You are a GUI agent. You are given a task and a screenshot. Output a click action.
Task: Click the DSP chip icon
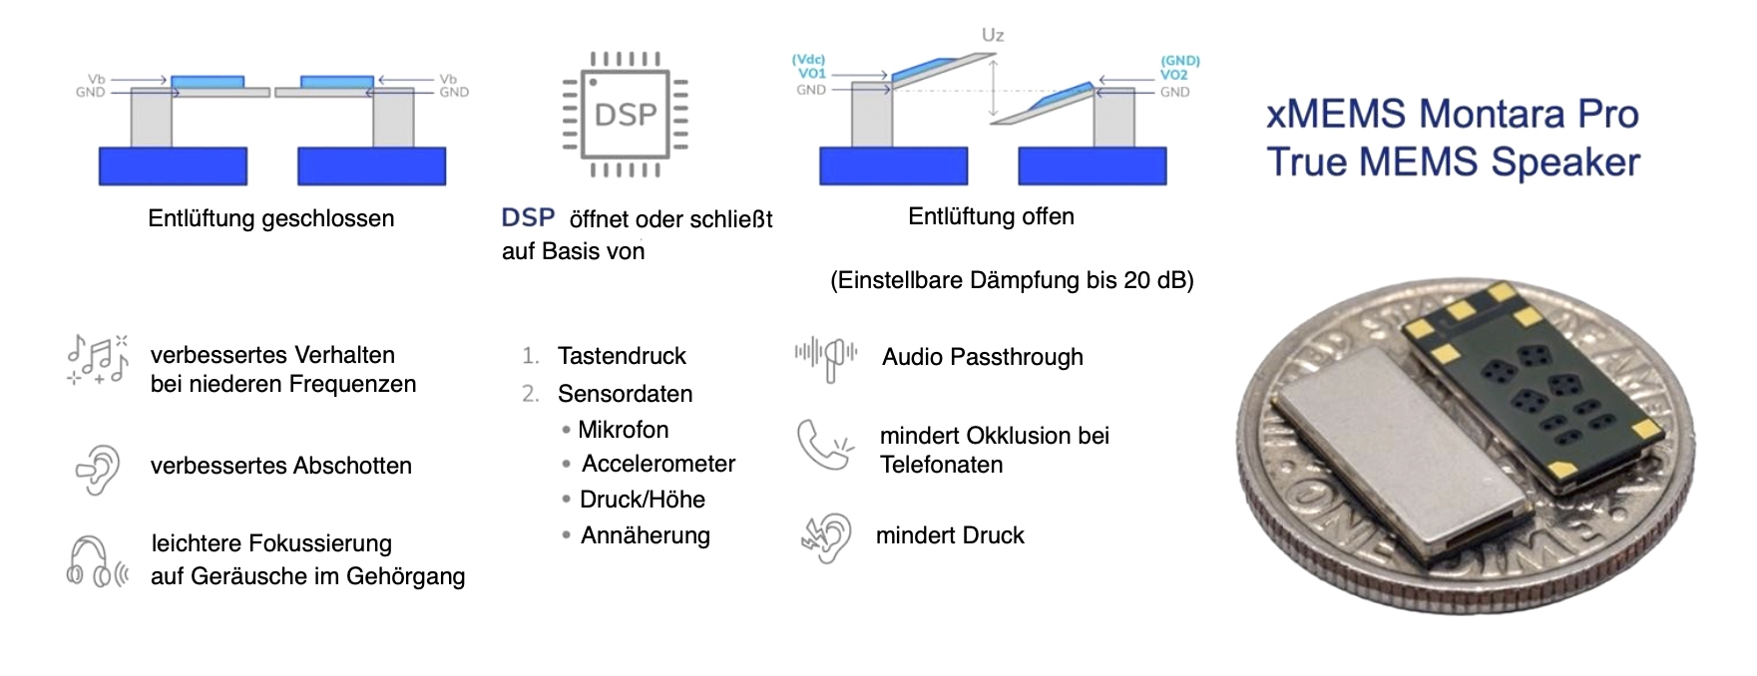(626, 115)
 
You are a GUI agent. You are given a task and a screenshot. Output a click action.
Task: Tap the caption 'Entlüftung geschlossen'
(270, 218)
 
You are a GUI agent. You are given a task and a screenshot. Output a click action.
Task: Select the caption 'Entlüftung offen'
(991, 216)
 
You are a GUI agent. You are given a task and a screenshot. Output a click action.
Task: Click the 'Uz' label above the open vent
(992, 36)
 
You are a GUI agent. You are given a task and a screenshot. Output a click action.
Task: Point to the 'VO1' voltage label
(811, 74)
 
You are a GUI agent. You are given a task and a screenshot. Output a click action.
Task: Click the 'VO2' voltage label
(1174, 75)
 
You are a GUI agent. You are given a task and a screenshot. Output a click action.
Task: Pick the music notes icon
(98, 360)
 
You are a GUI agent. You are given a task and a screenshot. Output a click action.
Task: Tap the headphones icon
(97, 560)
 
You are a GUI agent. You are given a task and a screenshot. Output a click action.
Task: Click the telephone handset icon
(824, 445)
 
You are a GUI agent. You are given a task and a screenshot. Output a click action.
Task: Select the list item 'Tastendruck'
(622, 356)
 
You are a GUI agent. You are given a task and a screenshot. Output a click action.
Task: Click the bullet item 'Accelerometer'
(659, 464)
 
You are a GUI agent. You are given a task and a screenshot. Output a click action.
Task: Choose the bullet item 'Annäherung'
(646, 535)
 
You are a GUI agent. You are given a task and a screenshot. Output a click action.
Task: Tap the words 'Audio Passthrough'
(982, 357)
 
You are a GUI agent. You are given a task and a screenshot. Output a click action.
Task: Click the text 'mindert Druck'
(950, 535)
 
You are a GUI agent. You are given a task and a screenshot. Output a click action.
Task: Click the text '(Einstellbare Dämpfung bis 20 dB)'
(1012, 280)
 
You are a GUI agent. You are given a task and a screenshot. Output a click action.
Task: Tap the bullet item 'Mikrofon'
(623, 430)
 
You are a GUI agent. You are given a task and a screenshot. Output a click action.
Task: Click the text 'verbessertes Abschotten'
(280, 466)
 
